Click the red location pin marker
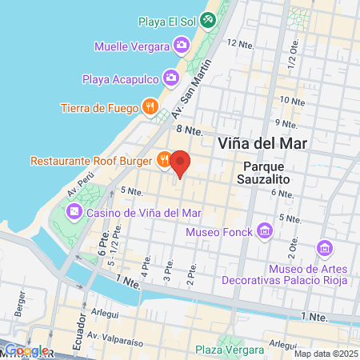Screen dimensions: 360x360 tap(181, 163)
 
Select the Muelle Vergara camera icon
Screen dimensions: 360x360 tap(182, 45)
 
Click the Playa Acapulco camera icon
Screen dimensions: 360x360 tap(170, 78)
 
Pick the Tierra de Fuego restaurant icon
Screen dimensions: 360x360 tap(149, 107)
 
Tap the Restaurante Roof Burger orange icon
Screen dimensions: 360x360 tap(163, 160)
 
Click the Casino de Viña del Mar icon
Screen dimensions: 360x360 tap(74, 212)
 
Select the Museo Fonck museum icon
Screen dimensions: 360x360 tap(266, 232)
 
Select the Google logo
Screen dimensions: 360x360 tap(26, 350)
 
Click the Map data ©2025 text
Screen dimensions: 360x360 tap(324, 354)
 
